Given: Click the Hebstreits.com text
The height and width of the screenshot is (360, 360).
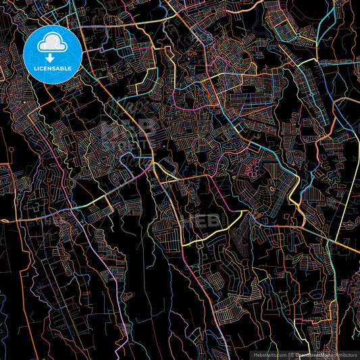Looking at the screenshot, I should pyautogui.click(x=269, y=354).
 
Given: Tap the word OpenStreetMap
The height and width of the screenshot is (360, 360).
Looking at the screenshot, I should pyautogui.click(x=313, y=354).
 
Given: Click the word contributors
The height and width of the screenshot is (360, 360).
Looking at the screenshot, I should pyautogui.click(x=342, y=354).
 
